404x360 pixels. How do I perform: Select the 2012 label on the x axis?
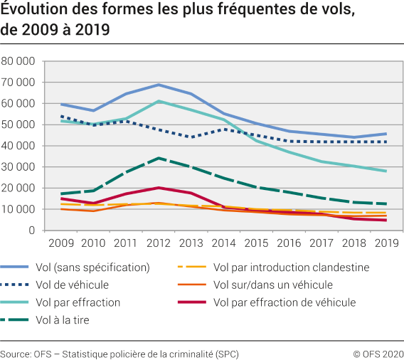tap(158, 243)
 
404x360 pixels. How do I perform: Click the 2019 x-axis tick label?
tap(385, 243)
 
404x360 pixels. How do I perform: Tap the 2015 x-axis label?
tap(255, 243)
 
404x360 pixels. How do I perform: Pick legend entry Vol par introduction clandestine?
tap(291, 268)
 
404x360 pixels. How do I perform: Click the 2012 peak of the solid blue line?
tap(158, 85)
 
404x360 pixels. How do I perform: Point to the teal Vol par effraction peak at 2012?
tap(158, 101)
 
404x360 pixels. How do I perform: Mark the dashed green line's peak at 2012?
tap(158, 158)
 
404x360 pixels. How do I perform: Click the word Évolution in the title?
tap(30, 11)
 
